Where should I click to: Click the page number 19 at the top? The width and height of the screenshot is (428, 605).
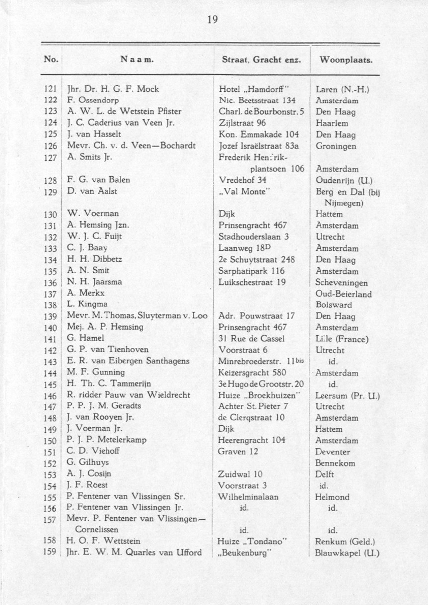pyautogui.click(x=213, y=20)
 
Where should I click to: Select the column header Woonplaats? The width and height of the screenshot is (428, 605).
pyautogui.click(x=346, y=60)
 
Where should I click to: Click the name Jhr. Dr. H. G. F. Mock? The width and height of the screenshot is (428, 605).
pyautogui.click(x=112, y=90)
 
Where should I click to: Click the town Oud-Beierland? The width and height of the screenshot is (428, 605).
pyautogui.click(x=343, y=294)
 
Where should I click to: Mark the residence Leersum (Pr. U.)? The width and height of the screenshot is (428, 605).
pyautogui.click(x=348, y=396)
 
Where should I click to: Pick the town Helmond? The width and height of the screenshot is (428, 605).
pyautogui.click(x=332, y=497)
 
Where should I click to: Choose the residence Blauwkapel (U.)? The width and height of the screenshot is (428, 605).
pyautogui.click(x=347, y=553)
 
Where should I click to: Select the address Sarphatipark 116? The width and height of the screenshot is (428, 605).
pyautogui.click(x=252, y=271)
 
